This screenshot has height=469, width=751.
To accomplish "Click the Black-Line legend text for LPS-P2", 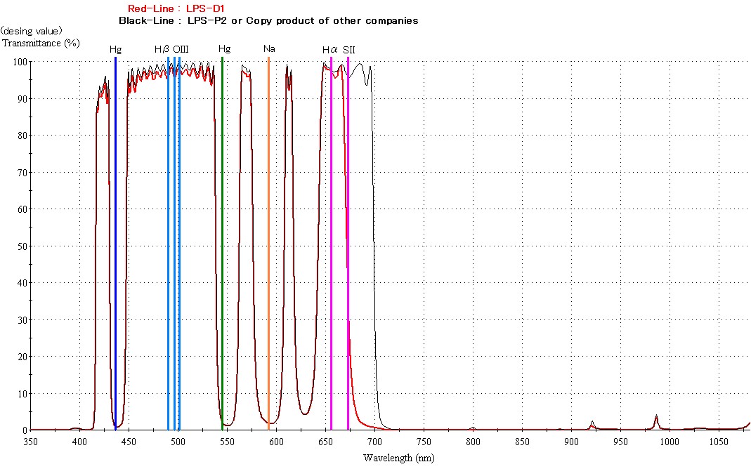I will (268, 20).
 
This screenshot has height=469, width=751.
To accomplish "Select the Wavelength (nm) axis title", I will (398, 458).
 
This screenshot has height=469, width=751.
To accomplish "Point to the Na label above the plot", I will (268, 49).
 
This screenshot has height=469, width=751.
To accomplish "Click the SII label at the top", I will (349, 49).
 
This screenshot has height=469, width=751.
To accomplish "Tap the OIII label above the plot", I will (181, 49).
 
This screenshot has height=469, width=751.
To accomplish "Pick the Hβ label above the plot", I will (162, 49).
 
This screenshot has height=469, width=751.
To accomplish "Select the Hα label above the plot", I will (330, 49).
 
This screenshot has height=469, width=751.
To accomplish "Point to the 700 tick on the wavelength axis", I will (374, 442).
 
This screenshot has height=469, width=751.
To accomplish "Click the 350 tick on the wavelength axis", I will (30, 442).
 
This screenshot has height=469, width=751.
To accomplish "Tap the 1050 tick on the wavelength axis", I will (719, 442).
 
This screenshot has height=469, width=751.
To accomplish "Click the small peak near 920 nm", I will (592, 423).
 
